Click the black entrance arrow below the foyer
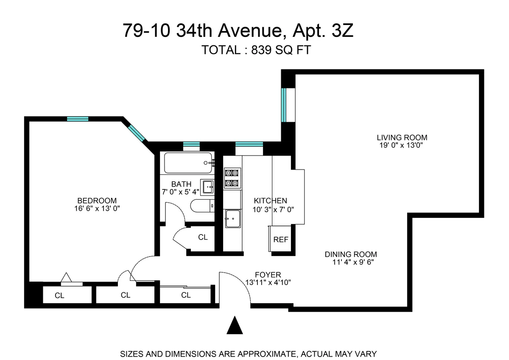pos(234,326)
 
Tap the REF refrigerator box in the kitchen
pos(280,239)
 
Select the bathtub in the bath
pos(187,163)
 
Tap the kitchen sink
pos(232,219)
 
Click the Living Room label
pos(402,137)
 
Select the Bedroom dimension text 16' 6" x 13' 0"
pos(97,208)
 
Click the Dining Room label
pos(350,254)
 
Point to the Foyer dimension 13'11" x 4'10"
pos(268,282)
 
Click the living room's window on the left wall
pos(284,104)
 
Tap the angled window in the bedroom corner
pos(137,133)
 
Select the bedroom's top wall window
pos(78,119)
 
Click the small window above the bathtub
pos(191,145)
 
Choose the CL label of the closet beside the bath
pos(203,237)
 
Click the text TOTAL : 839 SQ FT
pos(256,50)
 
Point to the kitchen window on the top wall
pos(249,145)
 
